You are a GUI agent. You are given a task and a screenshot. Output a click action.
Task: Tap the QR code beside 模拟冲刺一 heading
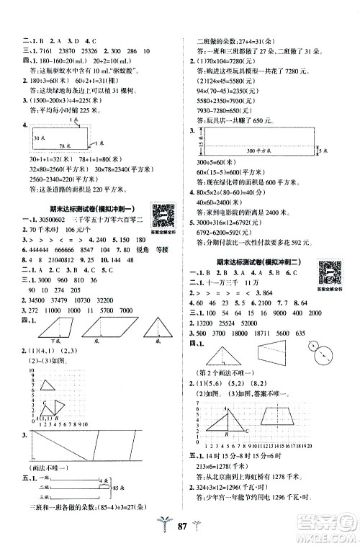click(x=166, y=214)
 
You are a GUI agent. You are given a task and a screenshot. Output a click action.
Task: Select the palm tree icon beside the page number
click(x=160, y=527)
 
